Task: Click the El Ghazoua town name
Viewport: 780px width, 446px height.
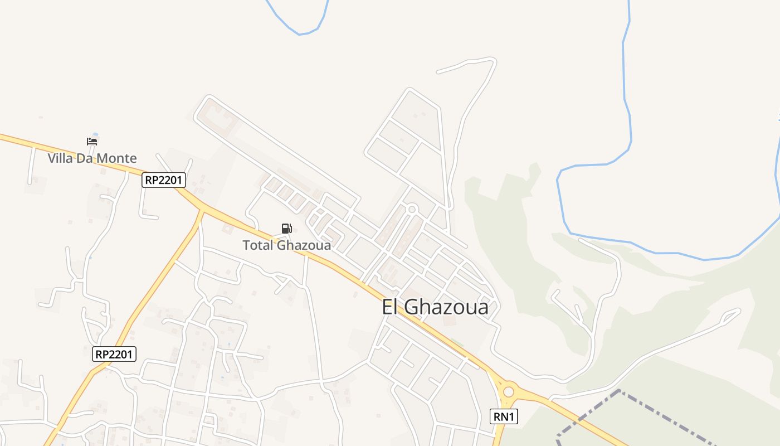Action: click(435, 307)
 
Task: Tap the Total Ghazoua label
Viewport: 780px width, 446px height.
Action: click(286, 245)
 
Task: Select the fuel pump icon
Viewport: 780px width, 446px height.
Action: click(286, 228)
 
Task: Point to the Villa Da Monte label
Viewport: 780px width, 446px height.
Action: click(92, 158)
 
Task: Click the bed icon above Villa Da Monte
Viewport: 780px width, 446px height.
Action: click(92, 141)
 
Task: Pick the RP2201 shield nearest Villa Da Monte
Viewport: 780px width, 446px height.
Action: click(163, 180)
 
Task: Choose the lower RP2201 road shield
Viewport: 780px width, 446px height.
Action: click(114, 353)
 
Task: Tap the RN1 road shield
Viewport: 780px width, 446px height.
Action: click(504, 416)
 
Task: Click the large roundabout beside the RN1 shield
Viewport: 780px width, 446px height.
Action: click(508, 392)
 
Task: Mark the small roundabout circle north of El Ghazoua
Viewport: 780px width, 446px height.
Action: click(412, 209)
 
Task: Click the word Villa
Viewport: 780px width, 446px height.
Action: click(60, 158)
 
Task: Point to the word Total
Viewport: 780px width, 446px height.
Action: click(257, 245)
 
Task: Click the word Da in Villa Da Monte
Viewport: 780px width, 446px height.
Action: click(84, 158)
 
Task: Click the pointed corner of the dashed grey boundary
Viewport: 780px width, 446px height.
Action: click(619, 391)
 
